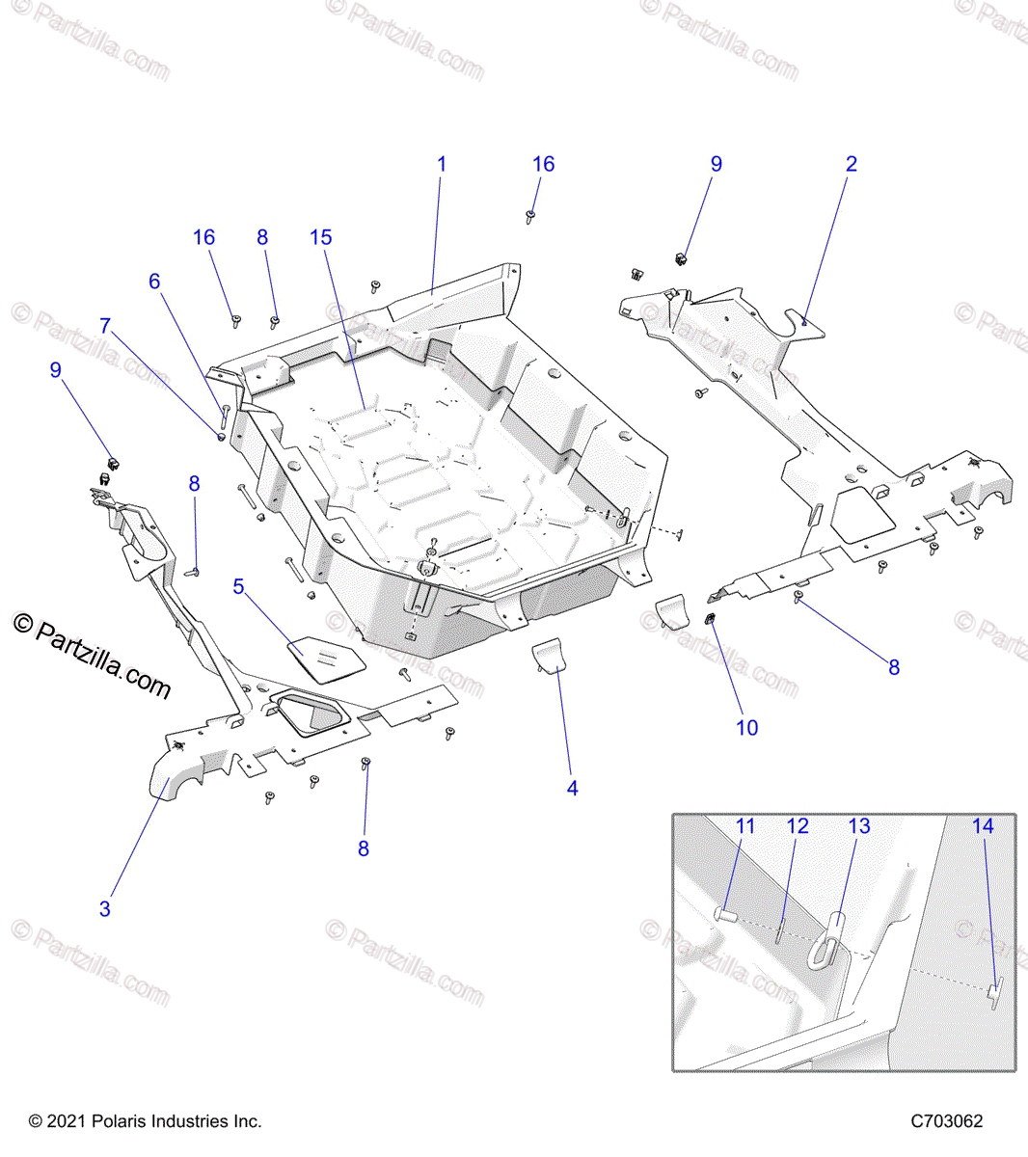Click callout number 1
442,164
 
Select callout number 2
851,164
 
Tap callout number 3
105,908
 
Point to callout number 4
572,788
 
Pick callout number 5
239,586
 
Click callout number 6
154,282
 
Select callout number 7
105,326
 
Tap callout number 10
747,728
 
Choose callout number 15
321,237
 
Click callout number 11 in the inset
745,826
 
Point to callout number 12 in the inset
798,826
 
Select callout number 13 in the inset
858,826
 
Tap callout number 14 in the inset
982,826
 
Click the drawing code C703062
947,1121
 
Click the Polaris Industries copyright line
145,1121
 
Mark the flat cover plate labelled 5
327,659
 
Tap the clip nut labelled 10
710,620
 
